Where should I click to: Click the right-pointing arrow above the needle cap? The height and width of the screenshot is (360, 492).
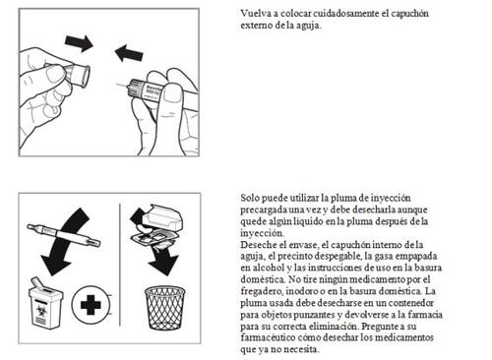click(x=79, y=43)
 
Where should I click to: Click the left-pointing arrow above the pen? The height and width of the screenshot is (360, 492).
click(x=129, y=53)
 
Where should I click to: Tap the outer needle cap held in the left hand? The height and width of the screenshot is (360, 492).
click(x=78, y=75)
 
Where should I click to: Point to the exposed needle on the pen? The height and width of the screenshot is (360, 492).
click(x=123, y=87)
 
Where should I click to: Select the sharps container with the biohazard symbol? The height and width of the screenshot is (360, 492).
click(x=45, y=303)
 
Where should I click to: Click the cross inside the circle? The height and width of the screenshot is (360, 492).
click(x=91, y=305)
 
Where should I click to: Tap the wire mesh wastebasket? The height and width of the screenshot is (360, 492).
click(x=165, y=308)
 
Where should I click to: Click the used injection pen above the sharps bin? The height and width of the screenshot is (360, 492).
click(x=64, y=235)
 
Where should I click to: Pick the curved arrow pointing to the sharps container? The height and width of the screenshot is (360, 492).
click(x=66, y=239)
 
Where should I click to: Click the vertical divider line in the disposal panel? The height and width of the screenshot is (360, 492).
click(x=120, y=265)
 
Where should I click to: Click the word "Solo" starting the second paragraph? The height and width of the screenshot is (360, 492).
click(x=249, y=198)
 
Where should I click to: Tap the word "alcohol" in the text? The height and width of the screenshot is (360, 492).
click(x=269, y=268)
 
